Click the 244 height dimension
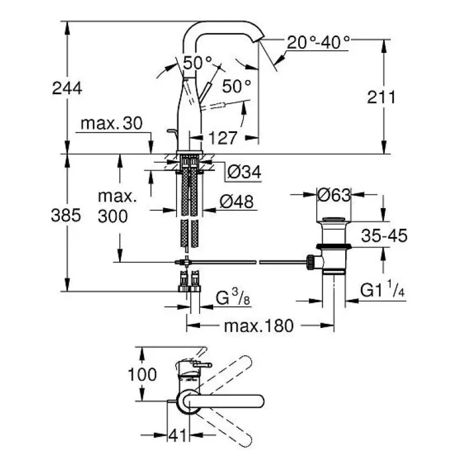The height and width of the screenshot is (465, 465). pyautogui.click(x=67, y=88)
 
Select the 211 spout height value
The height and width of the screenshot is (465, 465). pyautogui.click(x=381, y=97)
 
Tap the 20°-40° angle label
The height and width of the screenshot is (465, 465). pyautogui.click(x=319, y=42)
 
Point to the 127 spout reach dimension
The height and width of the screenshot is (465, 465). pyautogui.click(x=223, y=138)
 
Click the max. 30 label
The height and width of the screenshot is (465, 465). pyautogui.click(x=112, y=123)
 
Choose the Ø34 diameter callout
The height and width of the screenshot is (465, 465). pyautogui.click(x=244, y=172)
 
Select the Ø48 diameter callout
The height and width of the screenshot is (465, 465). pyautogui.click(x=237, y=202)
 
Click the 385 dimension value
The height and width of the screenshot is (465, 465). pyautogui.click(x=66, y=215)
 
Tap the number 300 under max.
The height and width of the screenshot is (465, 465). pyautogui.click(x=113, y=216)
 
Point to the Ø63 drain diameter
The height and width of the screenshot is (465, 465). pyautogui.click(x=334, y=195)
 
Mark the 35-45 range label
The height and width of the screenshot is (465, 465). pyautogui.click(x=384, y=236)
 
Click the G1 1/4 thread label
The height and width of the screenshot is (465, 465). pyautogui.click(x=382, y=289)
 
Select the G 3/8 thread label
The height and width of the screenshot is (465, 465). pyautogui.click(x=233, y=298)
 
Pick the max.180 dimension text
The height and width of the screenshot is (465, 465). pyautogui.click(x=259, y=326)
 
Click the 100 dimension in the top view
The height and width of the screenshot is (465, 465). pyautogui.click(x=142, y=374)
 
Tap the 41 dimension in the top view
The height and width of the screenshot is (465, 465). pyautogui.click(x=178, y=435)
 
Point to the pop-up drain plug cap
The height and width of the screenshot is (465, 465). pyautogui.click(x=334, y=220)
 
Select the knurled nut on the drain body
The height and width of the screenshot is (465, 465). pyautogui.click(x=311, y=262)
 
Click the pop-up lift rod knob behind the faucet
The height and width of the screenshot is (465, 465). pyautogui.click(x=171, y=130)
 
